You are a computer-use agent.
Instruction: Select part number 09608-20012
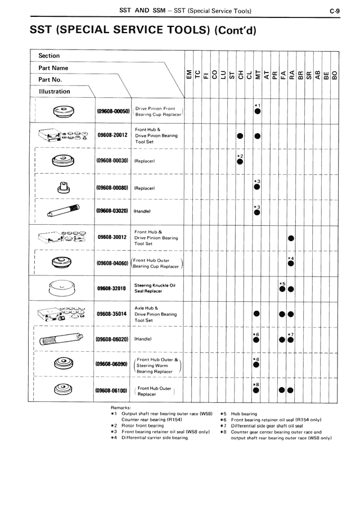pyautogui.click(x=112, y=135)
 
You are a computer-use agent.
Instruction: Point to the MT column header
pyautogui.click(x=256, y=73)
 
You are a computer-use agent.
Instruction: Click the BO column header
pyautogui.click(x=335, y=73)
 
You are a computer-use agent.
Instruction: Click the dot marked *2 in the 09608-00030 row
pyautogui.click(x=240, y=161)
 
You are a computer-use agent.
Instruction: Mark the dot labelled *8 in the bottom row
pyautogui.click(x=256, y=391)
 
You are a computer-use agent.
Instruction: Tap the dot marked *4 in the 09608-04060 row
pyautogui.click(x=291, y=264)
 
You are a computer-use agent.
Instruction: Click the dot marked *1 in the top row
pyautogui.click(x=256, y=111)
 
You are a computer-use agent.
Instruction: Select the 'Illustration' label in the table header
pyautogui.click(x=55, y=92)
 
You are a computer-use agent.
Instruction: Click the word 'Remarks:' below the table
pyautogui.click(x=121, y=406)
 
